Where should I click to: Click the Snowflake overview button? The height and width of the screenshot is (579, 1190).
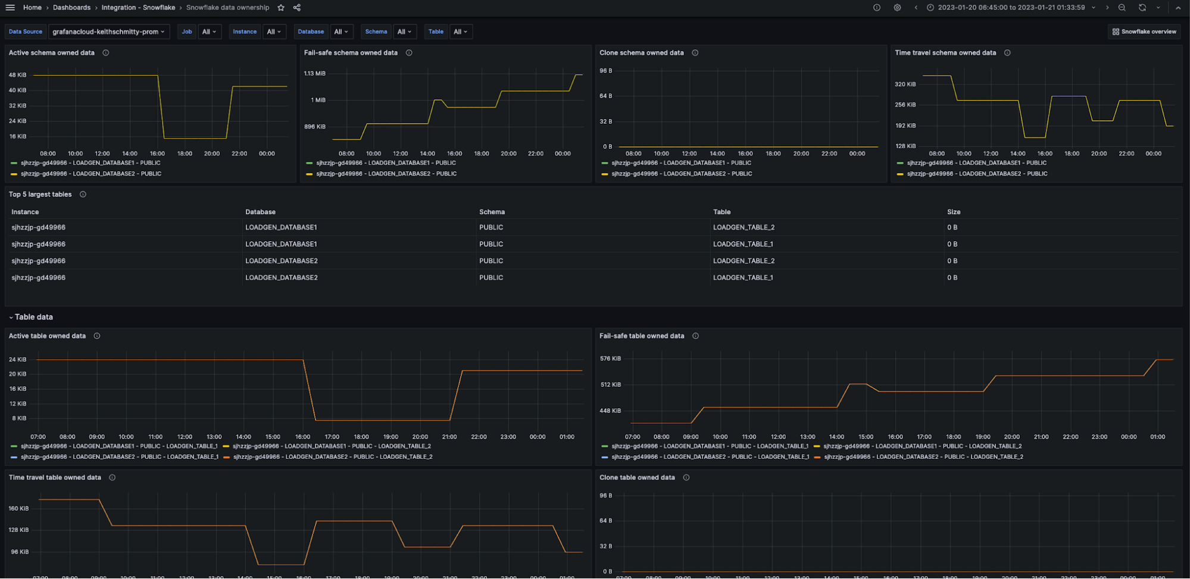(x=1144, y=32)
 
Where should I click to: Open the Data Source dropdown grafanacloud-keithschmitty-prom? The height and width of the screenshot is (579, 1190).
(x=108, y=32)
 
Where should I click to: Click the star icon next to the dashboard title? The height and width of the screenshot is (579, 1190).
(x=281, y=8)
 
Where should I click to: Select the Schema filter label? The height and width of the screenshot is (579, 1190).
(x=376, y=32)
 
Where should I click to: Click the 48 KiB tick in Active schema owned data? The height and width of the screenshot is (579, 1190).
(x=18, y=75)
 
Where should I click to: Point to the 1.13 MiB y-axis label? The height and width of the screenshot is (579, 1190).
(x=314, y=74)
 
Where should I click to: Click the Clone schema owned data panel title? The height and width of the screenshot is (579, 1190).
(x=641, y=53)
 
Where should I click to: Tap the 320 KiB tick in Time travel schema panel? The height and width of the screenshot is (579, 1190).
(x=905, y=84)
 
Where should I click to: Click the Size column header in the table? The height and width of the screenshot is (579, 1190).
(x=954, y=212)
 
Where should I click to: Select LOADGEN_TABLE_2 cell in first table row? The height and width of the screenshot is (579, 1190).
(x=744, y=227)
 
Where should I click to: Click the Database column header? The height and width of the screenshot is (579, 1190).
(x=260, y=212)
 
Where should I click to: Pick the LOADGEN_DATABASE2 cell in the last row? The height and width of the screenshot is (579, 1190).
(x=281, y=277)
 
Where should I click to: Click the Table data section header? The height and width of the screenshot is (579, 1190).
(x=34, y=317)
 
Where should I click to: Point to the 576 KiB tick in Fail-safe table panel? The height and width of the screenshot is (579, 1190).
(x=610, y=359)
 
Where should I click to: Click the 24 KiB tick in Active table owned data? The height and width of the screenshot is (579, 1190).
(x=18, y=359)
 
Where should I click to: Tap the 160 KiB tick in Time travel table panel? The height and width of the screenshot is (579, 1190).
(x=18, y=508)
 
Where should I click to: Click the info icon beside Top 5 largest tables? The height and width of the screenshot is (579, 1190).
(x=83, y=195)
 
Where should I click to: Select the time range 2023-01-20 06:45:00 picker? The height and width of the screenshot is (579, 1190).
(x=1011, y=8)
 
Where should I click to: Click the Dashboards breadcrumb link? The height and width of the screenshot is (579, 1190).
(x=71, y=8)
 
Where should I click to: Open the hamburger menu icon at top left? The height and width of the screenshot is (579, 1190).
(x=10, y=8)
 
